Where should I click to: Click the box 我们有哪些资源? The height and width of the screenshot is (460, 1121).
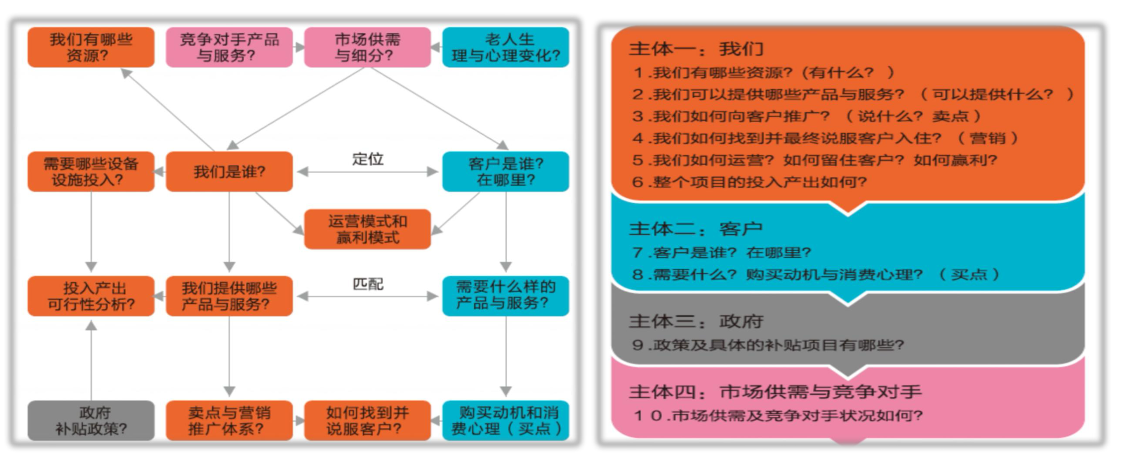click(x=91, y=47)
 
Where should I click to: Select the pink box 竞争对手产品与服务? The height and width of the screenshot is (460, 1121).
click(x=229, y=47)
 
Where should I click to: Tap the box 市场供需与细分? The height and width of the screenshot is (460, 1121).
click(x=367, y=47)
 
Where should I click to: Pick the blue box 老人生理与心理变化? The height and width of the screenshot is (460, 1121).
click(x=506, y=47)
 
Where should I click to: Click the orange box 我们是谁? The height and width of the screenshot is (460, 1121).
click(x=229, y=172)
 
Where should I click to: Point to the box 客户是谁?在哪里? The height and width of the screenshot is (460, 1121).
click(x=506, y=172)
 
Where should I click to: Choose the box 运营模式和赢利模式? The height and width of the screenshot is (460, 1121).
click(x=367, y=229)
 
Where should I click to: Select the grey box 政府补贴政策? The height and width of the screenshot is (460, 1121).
click(x=91, y=421)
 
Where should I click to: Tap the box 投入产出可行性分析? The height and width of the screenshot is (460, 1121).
click(x=91, y=296)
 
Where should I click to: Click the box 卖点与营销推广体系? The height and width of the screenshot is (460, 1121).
click(x=229, y=421)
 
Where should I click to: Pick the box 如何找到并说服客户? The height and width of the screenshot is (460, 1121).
click(x=367, y=421)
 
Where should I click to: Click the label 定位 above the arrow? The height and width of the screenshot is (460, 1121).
click(x=368, y=159)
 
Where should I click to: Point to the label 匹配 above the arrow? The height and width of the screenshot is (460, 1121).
click(x=368, y=284)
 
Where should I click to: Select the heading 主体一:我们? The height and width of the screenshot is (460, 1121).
click(x=696, y=49)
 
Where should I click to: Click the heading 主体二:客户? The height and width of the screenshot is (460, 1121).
click(x=696, y=229)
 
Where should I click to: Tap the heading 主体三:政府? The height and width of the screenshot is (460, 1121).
click(x=696, y=321)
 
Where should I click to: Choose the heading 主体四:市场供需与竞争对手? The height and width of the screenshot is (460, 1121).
click(x=775, y=392)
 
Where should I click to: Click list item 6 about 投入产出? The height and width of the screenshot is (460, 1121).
click(x=749, y=182)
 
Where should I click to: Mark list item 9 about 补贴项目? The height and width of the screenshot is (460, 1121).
click(x=768, y=345)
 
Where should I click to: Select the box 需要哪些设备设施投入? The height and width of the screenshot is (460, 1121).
click(x=91, y=172)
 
